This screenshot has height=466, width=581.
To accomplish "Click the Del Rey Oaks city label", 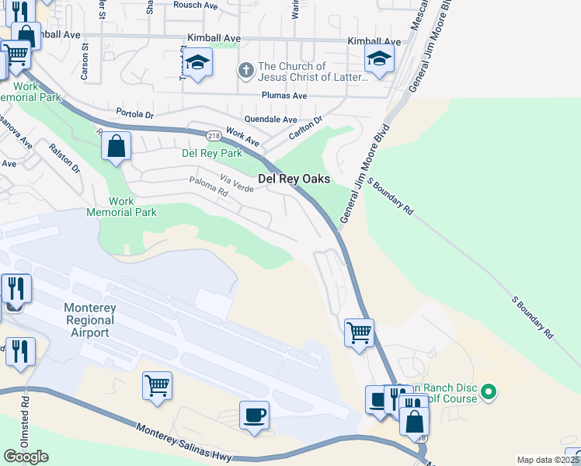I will tap(294, 179).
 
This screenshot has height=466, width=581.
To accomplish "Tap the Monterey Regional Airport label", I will tap(90, 320).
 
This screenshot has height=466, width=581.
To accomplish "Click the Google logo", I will tap(26, 457).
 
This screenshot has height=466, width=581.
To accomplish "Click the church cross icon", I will tap(245, 71).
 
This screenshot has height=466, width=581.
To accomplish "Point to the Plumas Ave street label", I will tap(284, 96).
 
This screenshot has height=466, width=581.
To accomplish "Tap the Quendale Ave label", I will tap(270, 120).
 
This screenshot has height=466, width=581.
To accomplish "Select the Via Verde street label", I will tap(236, 183).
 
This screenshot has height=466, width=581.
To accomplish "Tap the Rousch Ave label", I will tap(196, 5).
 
